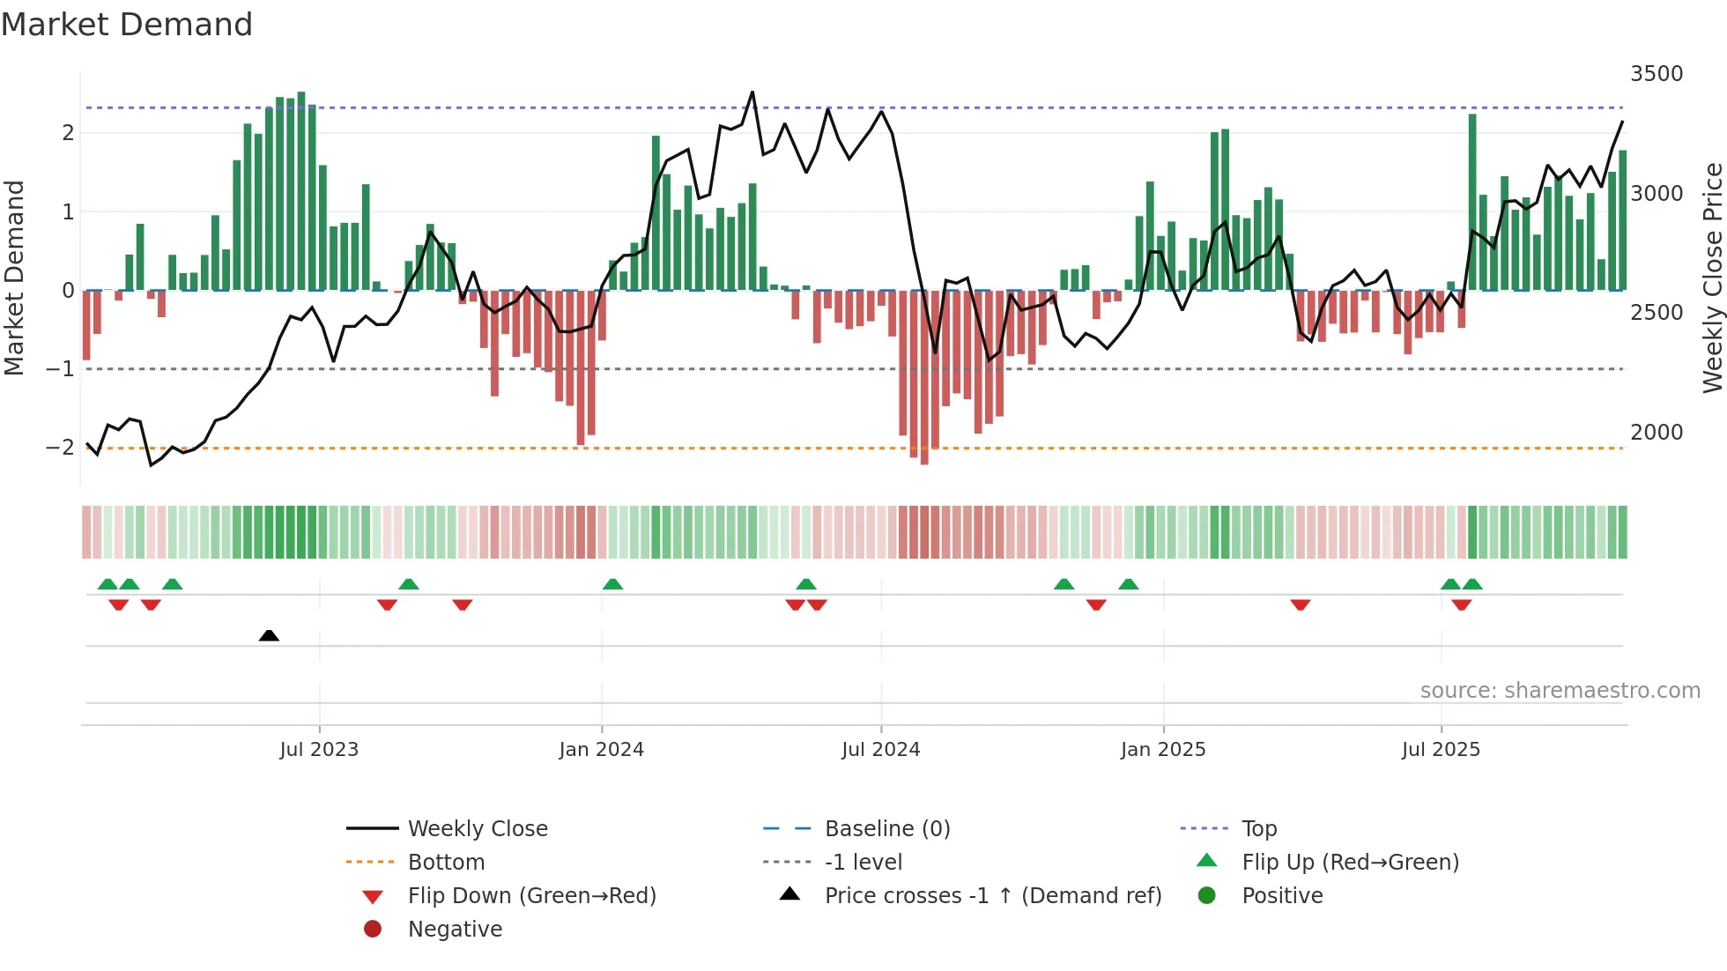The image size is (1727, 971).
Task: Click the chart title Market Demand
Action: (x=127, y=25)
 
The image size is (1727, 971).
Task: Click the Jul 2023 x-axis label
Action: (x=319, y=750)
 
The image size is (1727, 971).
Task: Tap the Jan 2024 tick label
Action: (x=601, y=750)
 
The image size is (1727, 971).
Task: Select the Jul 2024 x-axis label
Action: (x=880, y=750)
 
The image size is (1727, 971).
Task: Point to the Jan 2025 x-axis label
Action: (x=1162, y=750)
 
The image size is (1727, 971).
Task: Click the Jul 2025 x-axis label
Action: (x=1441, y=750)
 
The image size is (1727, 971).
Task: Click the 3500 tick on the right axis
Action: (x=1656, y=74)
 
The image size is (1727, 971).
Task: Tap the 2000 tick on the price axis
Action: (x=1656, y=433)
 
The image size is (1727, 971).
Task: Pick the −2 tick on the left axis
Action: (x=60, y=448)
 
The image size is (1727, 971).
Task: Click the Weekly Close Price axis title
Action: (x=1712, y=278)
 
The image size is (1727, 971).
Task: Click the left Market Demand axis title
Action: (x=14, y=278)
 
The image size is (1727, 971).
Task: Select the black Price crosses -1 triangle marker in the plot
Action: (x=269, y=635)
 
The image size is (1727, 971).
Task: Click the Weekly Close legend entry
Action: (x=477, y=829)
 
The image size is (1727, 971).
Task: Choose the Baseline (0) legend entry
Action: (x=886, y=829)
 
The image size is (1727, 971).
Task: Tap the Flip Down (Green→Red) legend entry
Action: (x=531, y=896)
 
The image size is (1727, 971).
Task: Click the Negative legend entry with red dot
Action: (x=455, y=930)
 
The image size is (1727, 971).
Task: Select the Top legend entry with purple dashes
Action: (x=1258, y=829)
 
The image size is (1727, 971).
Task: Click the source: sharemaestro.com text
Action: (x=1560, y=691)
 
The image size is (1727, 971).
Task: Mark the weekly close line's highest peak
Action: (x=752, y=92)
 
